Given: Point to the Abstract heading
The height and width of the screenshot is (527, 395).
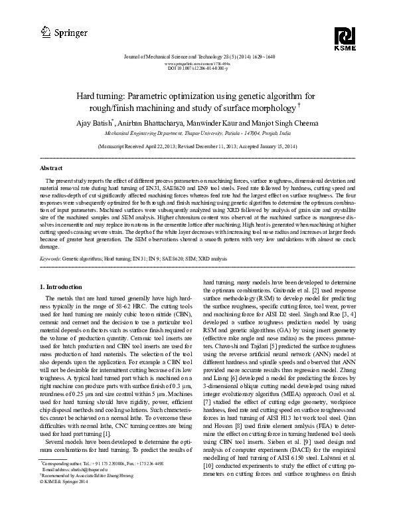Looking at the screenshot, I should pyautogui.click(x=52, y=169).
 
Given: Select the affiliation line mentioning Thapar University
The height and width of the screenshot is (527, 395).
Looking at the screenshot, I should pyautogui.click(x=197, y=132).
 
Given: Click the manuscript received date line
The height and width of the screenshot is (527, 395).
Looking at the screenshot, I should pyautogui.click(x=197, y=145).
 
